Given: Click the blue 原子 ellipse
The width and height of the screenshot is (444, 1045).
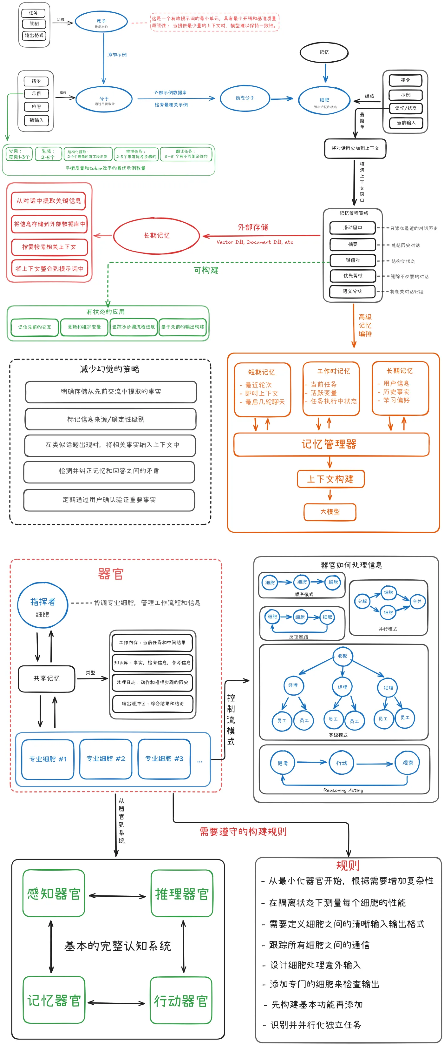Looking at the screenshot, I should (x=101, y=22).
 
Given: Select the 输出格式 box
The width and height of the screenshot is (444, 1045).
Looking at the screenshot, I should (x=34, y=36).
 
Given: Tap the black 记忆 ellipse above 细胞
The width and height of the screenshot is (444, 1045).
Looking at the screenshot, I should (x=324, y=52).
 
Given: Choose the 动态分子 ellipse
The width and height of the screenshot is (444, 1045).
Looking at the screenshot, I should (x=245, y=98).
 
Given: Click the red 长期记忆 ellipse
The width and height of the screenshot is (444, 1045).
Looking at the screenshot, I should (x=156, y=236).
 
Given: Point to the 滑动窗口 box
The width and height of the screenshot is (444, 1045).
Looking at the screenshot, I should (x=352, y=227).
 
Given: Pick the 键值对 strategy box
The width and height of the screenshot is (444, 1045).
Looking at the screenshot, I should (x=352, y=260).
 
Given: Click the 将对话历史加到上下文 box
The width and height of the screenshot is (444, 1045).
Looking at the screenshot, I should (x=355, y=148).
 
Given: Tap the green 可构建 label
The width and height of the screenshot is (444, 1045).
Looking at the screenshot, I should (x=206, y=270).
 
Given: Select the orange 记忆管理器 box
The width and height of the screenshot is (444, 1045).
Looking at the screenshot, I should (x=331, y=444).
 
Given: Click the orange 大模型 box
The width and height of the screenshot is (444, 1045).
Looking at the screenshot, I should (x=330, y=512).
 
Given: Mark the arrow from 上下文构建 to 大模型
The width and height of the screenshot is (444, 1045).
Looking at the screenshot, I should (x=330, y=495).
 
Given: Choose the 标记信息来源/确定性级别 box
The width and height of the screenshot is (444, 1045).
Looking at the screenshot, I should (x=110, y=419).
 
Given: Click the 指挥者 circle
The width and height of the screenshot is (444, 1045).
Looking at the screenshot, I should (x=42, y=605).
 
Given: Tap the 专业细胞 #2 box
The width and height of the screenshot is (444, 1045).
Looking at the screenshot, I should (x=106, y=758).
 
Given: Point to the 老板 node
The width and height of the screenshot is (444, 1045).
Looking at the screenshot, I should (x=342, y=656).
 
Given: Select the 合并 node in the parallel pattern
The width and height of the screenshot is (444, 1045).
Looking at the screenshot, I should (x=417, y=601).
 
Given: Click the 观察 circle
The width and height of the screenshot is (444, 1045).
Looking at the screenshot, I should (x=408, y=763).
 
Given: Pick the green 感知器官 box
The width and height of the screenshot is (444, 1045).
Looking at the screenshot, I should (x=54, y=893).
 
